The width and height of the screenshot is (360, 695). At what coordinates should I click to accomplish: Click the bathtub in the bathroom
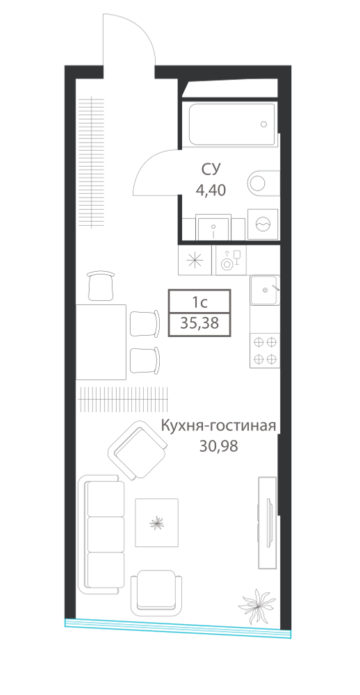(x=231, y=124)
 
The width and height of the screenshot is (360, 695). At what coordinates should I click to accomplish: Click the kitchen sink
(x=265, y=290)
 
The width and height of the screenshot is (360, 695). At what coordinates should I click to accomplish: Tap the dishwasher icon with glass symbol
(x=231, y=260)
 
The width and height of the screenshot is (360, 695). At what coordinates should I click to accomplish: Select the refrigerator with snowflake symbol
(x=195, y=260)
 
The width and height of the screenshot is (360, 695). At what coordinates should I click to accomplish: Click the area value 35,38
(x=199, y=324)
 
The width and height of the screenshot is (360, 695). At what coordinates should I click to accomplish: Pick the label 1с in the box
(x=199, y=303)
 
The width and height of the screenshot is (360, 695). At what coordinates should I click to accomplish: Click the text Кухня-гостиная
(x=218, y=427)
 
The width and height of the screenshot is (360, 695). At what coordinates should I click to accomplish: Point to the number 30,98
(x=218, y=446)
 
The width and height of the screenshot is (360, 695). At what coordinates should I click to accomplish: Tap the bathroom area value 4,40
(x=211, y=190)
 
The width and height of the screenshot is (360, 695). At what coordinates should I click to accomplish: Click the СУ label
(x=211, y=169)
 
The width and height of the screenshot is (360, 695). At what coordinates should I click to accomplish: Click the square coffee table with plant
(x=156, y=523)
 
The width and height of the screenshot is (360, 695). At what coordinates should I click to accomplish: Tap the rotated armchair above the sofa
(x=137, y=450)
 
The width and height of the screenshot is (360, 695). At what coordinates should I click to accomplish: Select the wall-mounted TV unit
(x=268, y=523)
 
